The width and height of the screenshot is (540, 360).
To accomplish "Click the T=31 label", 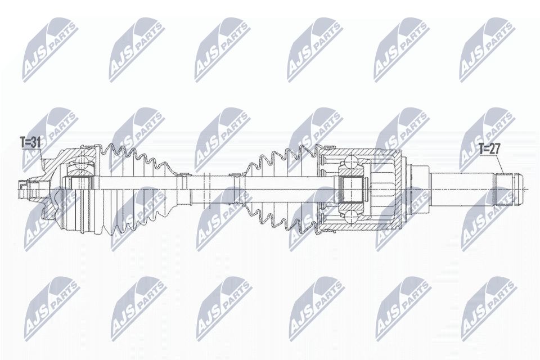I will [30, 143].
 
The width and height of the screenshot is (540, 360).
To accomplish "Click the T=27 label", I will [489, 149].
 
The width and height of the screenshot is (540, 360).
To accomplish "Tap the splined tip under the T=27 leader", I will [508, 188].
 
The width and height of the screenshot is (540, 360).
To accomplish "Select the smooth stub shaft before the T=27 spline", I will [461, 188].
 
